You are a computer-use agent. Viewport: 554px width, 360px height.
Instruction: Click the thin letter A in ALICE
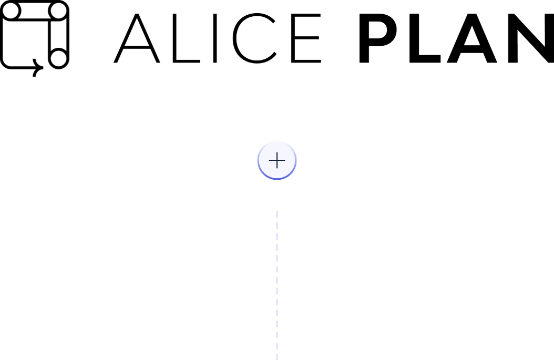pos(137,47)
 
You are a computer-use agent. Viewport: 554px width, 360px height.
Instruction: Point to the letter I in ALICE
pos(215,38)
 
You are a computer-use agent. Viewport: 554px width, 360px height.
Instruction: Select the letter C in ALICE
pos(234,38)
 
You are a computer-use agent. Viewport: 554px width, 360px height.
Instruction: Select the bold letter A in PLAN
pos(472,49)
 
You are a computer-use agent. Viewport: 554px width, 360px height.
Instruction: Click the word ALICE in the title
pos(217,38)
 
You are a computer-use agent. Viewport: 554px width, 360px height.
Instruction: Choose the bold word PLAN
pos(456,38)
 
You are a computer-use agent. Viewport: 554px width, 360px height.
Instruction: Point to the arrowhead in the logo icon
pos(40,67)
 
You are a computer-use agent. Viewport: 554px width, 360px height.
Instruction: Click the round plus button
pos(277,160)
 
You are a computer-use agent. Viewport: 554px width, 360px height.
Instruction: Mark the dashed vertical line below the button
pos(277,285)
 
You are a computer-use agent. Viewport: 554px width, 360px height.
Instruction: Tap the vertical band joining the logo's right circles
pos(49,35)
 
